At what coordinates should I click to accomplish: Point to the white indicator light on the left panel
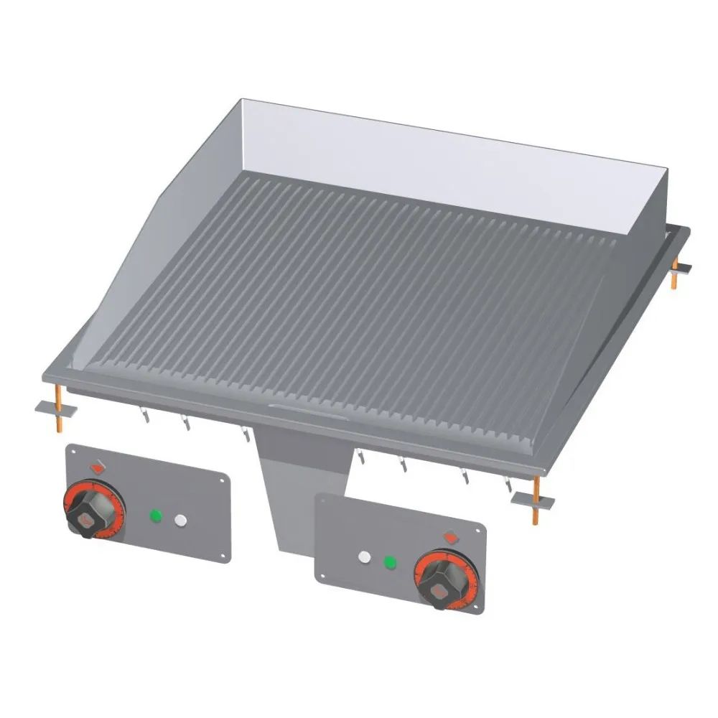click(179, 518)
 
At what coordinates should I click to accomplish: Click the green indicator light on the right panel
click(390, 561)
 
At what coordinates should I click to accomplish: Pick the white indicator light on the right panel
click(365, 556)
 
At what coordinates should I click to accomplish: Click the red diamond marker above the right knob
click(451, 536)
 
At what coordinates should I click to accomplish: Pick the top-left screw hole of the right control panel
click(322, 500)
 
